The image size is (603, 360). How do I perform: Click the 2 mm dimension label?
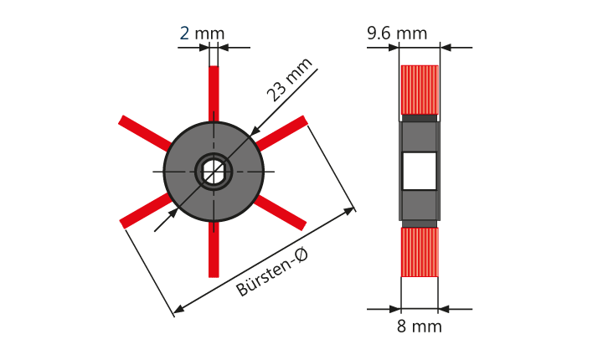pos(203,33)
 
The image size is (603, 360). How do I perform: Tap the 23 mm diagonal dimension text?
pos(290,80)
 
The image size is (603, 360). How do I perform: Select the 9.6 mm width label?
pos(397,33)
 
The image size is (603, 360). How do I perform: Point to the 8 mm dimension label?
pos(420,327)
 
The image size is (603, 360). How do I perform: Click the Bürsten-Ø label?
pos(272,273)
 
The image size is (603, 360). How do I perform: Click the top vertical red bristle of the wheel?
pos(214,94)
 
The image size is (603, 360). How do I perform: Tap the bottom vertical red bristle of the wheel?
pos(214,249)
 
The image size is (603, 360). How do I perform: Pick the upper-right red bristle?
pos(281,132)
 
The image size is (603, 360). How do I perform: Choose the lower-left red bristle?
pos(146,210)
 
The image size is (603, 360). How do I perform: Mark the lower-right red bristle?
pos(280,213)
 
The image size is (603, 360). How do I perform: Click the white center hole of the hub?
pos(214,172)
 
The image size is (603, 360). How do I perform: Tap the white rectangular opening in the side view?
pos(420,171)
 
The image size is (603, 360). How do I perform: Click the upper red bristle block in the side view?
pos(420,90)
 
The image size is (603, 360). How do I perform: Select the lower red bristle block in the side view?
pos(420,252)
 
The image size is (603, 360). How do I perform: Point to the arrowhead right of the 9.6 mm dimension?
pos(446,48)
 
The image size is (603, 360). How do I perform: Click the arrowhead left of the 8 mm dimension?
pos(395,309)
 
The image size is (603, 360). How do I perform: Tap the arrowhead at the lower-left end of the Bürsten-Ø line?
pos(179,308)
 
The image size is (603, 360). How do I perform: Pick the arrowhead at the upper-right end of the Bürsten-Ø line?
pos(348,211)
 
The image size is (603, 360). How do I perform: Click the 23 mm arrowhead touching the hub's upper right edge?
pos(255,131)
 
